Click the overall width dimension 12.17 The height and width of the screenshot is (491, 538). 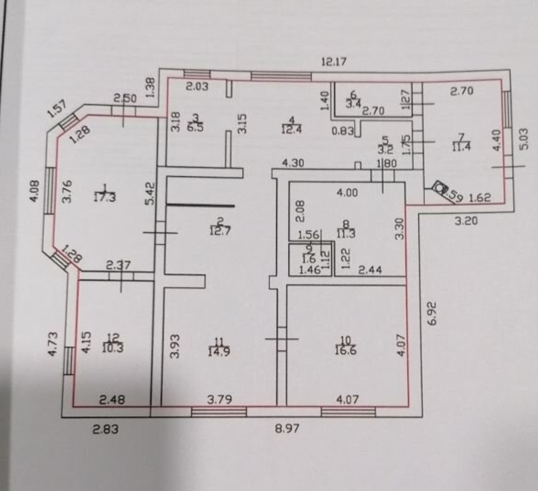[334, 62]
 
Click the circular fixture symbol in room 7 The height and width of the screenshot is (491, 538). [439, 188]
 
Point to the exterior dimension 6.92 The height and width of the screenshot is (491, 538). [431, 313]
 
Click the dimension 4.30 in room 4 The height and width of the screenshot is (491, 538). [293, 163]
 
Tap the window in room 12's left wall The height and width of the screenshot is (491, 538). [69, 360]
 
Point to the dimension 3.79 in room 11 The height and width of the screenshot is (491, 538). [220, 399]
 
